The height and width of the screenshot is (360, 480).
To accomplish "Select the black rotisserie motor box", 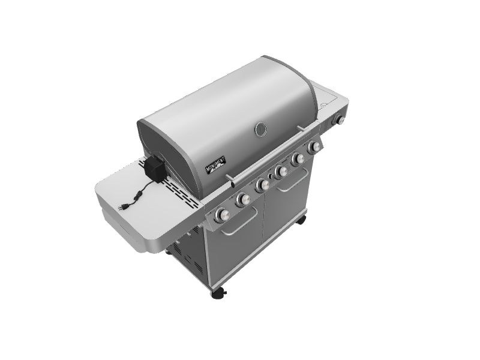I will (x=155, y=169).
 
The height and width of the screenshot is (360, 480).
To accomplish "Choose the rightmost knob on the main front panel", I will (x=314, y=147).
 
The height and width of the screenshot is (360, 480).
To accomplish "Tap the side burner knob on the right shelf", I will (x=340, y=121).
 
